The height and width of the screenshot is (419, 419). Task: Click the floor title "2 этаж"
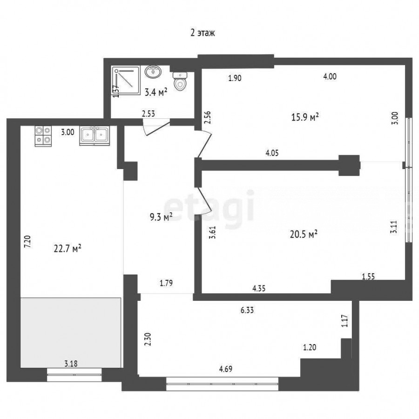(203, 33)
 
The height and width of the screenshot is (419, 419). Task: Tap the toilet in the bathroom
(180, 81)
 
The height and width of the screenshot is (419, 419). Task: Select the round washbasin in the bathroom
(153, 72)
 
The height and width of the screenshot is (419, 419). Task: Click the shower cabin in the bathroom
(126, 80)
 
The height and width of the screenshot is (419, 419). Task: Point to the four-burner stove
(43, 136)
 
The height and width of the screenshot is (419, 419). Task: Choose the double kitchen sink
(95, 136)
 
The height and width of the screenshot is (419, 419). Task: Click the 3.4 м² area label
(156, 93)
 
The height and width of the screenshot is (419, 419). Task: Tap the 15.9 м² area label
(305, 117)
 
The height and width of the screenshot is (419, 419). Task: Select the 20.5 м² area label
(304, 234)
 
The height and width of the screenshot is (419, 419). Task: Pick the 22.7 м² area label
(68, 249)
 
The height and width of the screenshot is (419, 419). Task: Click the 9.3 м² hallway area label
(161, 216)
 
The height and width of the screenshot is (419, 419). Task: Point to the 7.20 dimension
(28, 242)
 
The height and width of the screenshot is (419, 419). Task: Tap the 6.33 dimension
(247, 310)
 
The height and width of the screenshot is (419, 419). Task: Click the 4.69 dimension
(226, 369)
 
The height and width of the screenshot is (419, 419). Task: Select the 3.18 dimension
(71, 364)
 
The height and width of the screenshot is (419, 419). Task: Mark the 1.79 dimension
(166, 283)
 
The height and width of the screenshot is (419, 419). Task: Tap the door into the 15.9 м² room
(204, 144)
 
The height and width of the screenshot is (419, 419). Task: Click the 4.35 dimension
(259, 288)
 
